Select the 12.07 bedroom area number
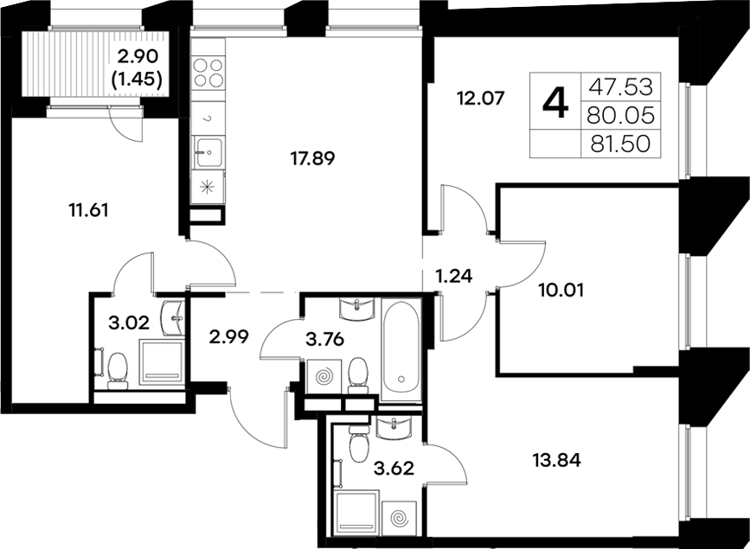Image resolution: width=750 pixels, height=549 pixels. click(478, 98)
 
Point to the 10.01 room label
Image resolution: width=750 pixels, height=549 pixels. click(561, 290)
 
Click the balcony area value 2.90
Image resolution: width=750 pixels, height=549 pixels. click(139, 59)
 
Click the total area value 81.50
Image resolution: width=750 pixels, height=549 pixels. click(621, 144)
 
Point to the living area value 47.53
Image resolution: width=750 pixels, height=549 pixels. click(621, 86)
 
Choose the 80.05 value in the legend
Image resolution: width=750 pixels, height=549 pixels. click(621, 115)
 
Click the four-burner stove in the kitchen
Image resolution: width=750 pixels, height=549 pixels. click(208, 72)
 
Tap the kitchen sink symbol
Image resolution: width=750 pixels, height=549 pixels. click(207, 154)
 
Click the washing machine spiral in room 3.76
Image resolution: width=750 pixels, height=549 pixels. click(326, 378)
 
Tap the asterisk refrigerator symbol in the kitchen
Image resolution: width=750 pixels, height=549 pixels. click(207, 186)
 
